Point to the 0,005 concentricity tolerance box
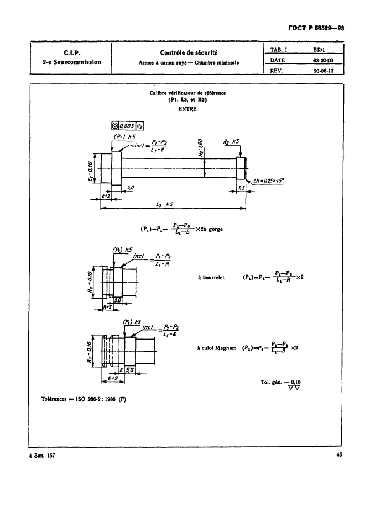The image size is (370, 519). (125, 126)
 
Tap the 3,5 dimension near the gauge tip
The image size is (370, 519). (241, 188)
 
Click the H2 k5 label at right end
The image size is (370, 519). (231, 142)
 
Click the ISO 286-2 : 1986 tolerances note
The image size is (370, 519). (84, 399)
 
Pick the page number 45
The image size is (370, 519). (339, 456)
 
